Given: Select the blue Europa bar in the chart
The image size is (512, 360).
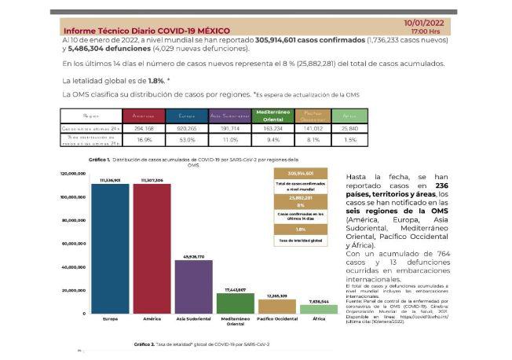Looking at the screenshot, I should (110, 248).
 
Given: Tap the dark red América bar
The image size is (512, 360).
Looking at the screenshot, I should (152, 248).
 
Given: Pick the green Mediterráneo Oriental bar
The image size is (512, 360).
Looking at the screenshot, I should (236, 303).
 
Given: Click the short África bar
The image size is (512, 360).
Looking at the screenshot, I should (319, 309).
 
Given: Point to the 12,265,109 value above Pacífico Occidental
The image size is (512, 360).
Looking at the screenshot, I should (277, 296).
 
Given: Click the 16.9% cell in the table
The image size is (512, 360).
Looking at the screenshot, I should (144, 139).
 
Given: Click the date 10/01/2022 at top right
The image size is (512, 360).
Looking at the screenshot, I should (425, 24).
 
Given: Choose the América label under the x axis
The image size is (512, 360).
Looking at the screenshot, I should (152, 320).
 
